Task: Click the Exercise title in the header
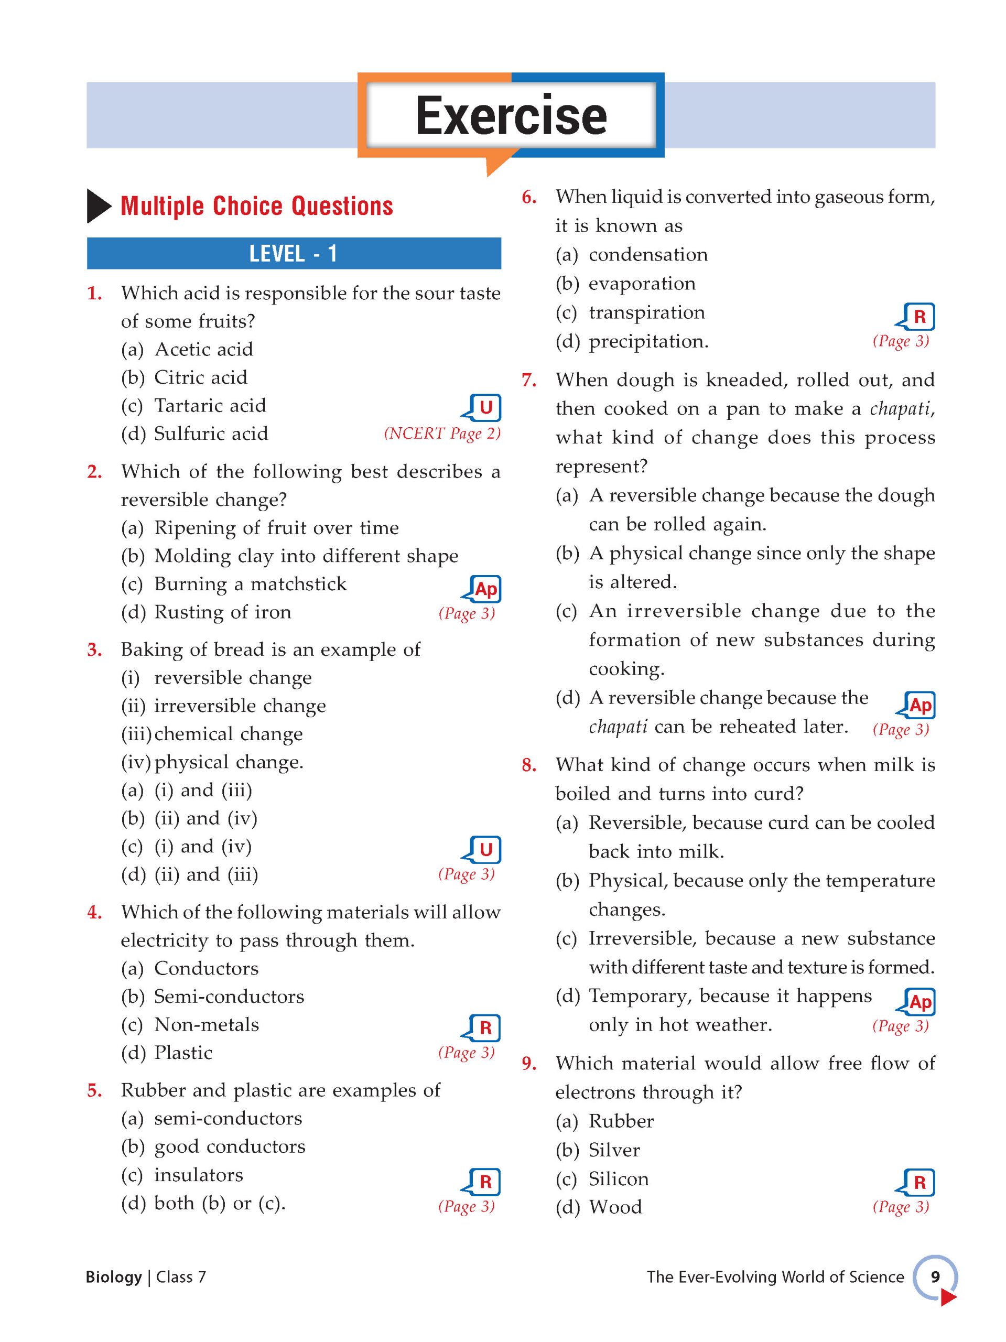click(x=511, y=115)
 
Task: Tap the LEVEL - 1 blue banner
click(x=294, y=254)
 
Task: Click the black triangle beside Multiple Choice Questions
click(x=99, y=206)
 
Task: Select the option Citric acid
click(x=200, y=377)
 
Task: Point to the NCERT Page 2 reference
click(x=442, y=433)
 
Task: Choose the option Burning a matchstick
click(x=250, y=583)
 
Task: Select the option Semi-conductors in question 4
click(x=228, y=996)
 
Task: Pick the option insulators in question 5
click(x=198, y=1175)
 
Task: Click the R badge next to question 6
click(x=918, y=317)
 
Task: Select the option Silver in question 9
click(x=614, y=1150)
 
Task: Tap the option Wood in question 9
click(x=614, y=1207)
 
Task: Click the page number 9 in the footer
click(x=935, y=1276)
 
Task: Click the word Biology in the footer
click(x=113, y=1276)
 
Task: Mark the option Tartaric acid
click(x=209, y=405)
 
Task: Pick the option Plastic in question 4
click(x=182, y=1053)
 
